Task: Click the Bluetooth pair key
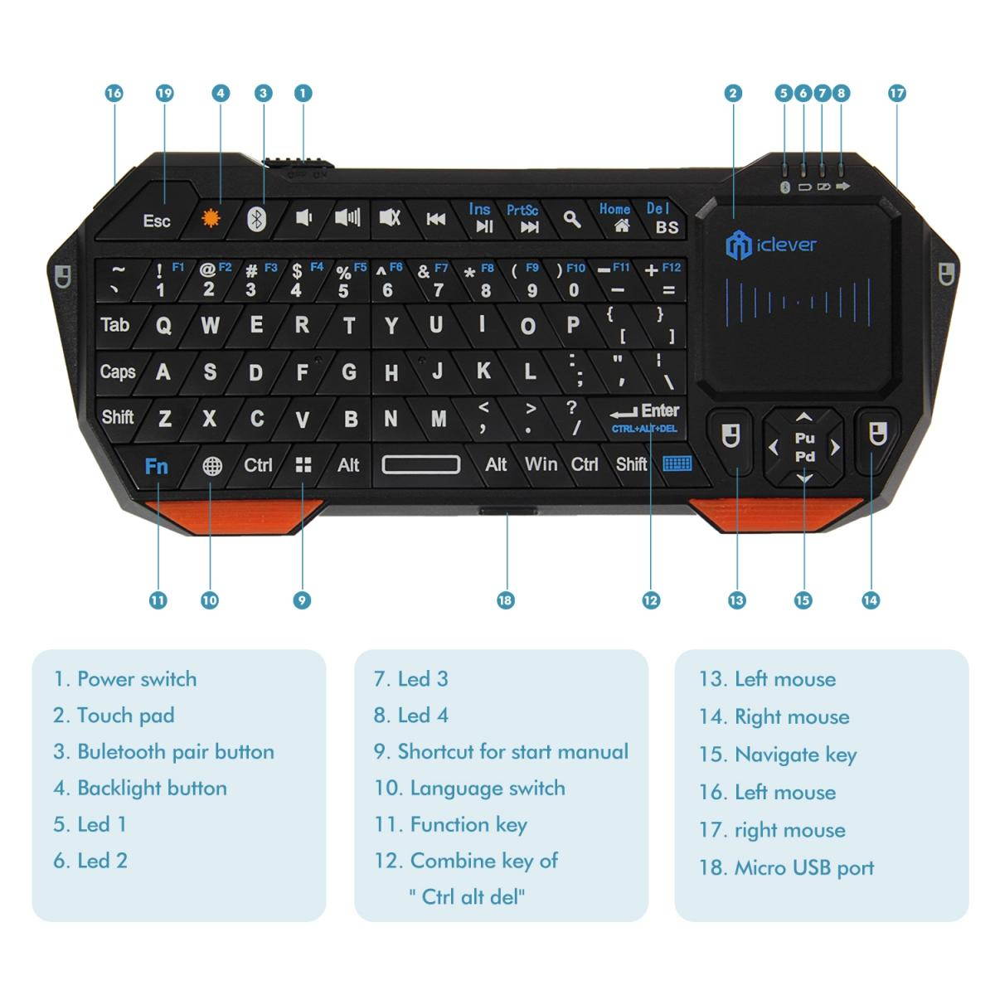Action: click(x=257, y=219)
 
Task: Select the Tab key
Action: click(x=115, y=324)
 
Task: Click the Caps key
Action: click(x=118, y=371)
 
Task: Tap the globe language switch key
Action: click(x=212, y=466)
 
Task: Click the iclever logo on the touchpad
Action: click(x=771, y=245)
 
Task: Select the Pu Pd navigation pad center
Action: click(x=804, y=447)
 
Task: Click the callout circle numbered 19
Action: click(x=164, y=93)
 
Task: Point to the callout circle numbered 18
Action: click(x=506, y=600)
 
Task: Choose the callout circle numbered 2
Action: click(x=733, y=93)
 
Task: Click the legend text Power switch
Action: click(x=136, y=679)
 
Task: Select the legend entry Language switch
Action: click(x=487, y=788)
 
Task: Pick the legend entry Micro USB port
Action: click(x=803, y=868)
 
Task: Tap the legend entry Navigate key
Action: click(x=795, y=755)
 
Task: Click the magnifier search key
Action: click(x=572, y=219)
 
